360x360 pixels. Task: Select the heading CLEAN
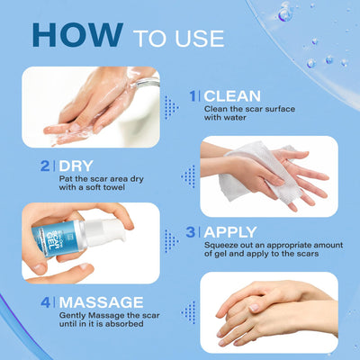[234, 94]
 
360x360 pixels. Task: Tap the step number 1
[193, 94]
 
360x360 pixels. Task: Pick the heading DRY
[74, 166]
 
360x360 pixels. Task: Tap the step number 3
[191, 231]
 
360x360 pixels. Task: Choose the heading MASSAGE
[101, 301]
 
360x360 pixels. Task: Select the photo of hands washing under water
[90, 106]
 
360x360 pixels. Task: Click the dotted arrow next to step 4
[188, 312]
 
